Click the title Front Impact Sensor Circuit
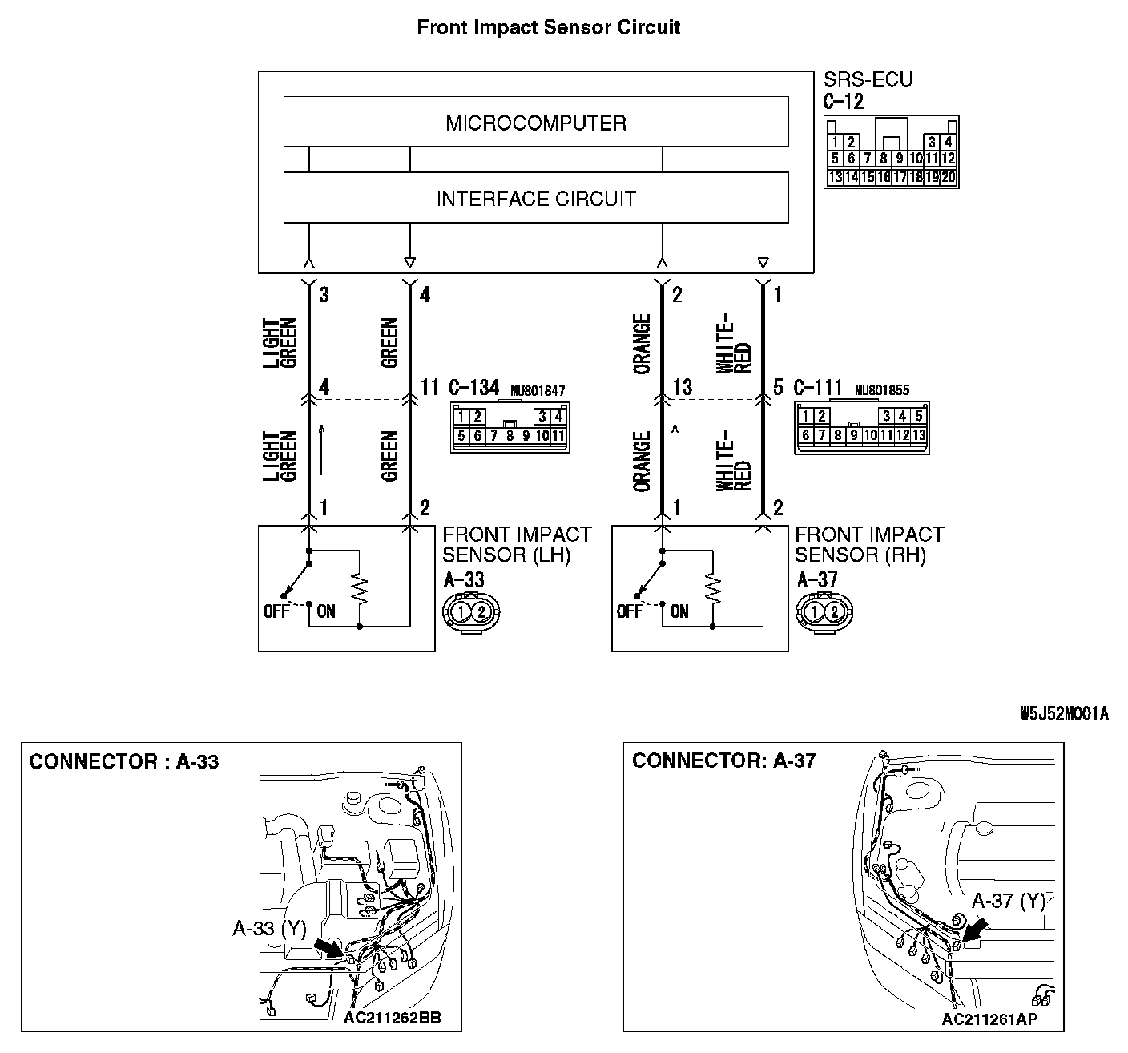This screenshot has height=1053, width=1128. tap(549, 27)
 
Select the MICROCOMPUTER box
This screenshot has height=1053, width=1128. tap(535, 123)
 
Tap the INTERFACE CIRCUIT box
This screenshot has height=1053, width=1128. tap(535, 198)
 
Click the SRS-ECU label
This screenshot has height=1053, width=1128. tap(868, 79)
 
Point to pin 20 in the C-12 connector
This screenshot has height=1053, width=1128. tap(948, 177)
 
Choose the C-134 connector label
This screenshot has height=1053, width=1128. tap(473, 389)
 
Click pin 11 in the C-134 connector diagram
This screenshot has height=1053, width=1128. tap(558, 436)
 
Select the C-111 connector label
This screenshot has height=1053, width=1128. tap(819, 389)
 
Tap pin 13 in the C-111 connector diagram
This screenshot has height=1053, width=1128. tap(919, 435)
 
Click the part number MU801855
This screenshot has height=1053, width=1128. tap(882, 390)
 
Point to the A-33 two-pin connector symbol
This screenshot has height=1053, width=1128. tap(471, 612)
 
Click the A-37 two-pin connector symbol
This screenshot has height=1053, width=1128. tap(824, 612)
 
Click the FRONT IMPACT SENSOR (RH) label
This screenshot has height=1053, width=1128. tap(868, 544)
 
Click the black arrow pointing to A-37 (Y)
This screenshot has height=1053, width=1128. tap(974, 930)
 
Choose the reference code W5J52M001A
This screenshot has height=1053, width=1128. tap(1064, 715)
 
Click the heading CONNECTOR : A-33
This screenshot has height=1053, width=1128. tap(124, 761)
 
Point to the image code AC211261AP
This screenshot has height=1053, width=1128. tap(989, 1019)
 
